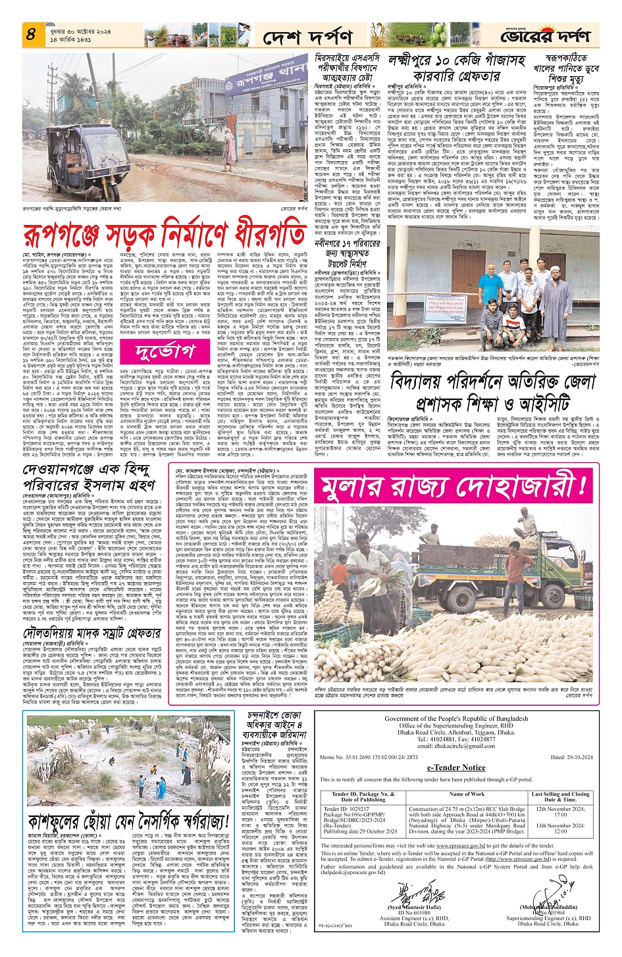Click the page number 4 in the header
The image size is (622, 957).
pyautogui.click(x=30, y=34)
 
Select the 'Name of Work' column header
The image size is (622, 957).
pyautogui.click(x=466, y=794)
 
